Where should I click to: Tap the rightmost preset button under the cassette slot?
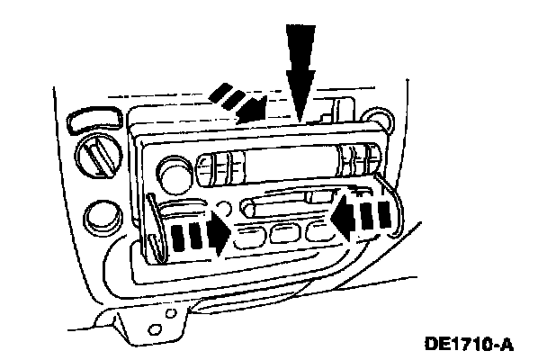(316, 232)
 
